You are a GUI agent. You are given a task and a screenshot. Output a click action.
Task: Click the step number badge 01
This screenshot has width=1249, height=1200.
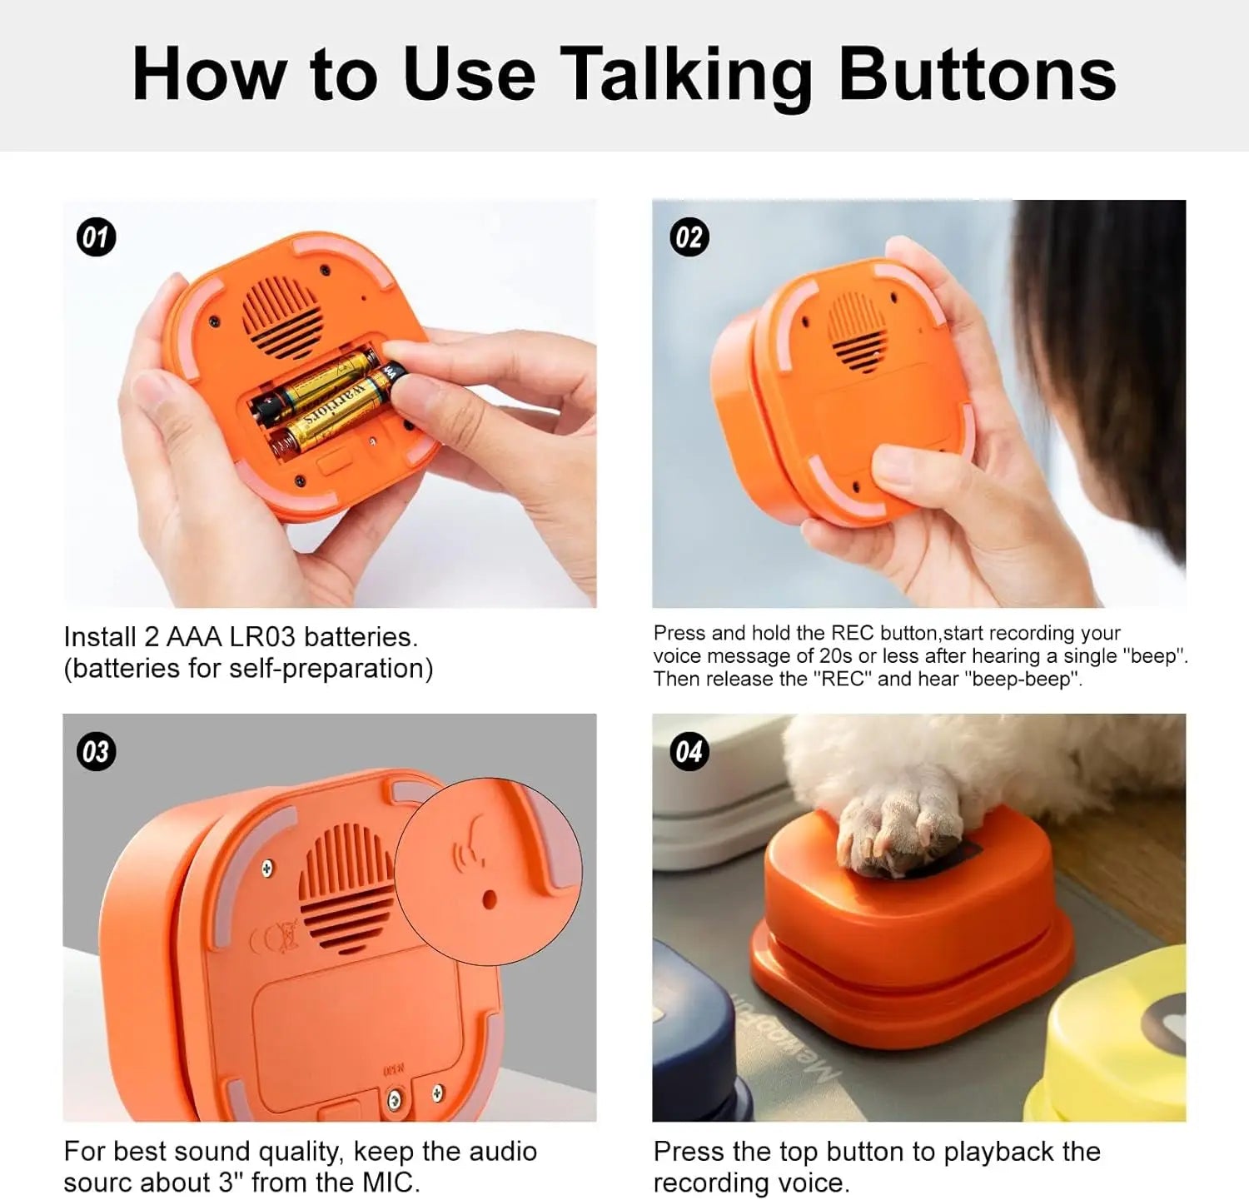pos(96,237)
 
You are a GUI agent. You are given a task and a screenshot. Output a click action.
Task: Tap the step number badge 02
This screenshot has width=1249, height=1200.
pos(689,237)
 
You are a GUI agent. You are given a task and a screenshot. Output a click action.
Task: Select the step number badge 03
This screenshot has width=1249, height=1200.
pos(96,752)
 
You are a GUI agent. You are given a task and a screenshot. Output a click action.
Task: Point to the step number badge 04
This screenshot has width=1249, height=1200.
pos(689,752)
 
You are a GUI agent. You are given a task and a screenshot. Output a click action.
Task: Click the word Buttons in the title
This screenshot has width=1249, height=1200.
pos(977,75)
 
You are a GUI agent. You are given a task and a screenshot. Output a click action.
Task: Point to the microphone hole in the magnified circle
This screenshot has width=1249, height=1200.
pos(489,899)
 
